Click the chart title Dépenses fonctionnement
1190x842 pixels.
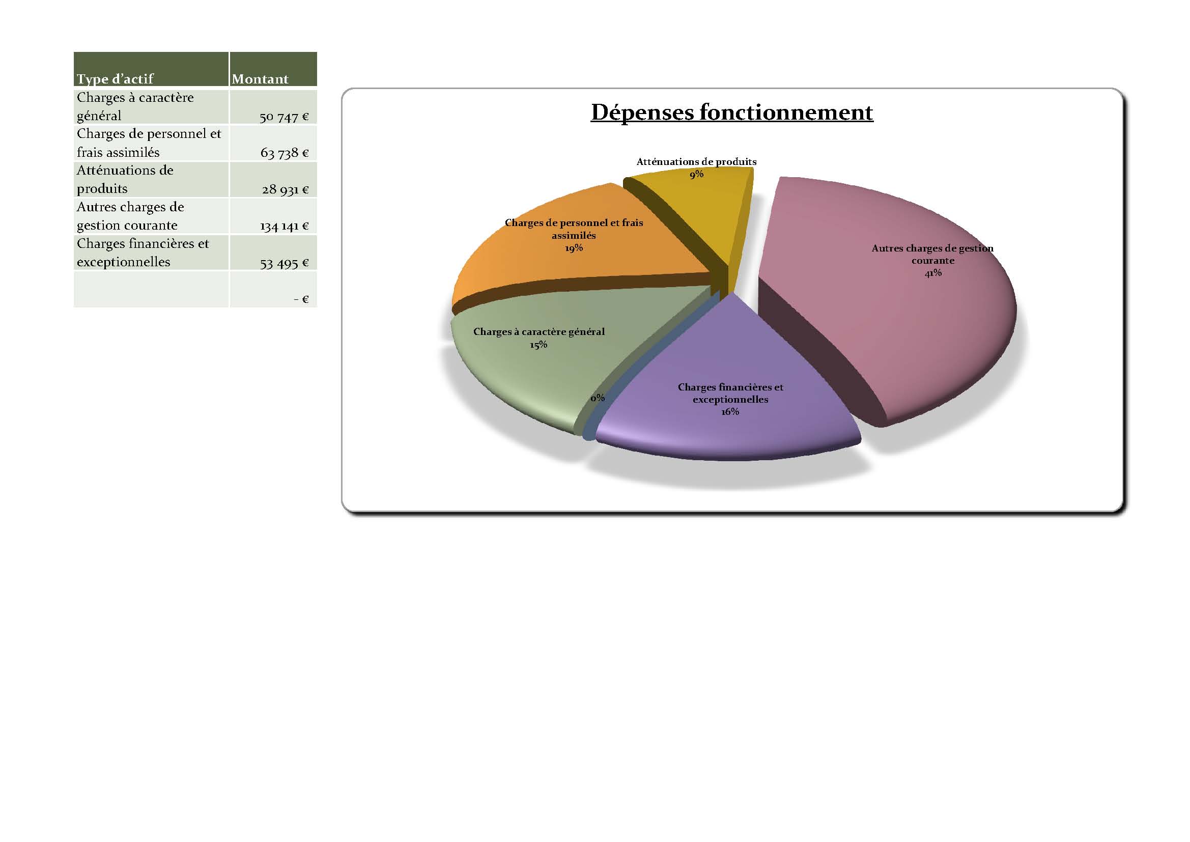coord(732,113)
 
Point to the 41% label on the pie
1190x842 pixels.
coord(933,273)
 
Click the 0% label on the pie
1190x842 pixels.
coord(598,398)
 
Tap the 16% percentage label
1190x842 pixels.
coord(730,412)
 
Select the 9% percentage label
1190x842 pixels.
coord(697,174)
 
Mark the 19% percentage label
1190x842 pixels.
coord(574,248)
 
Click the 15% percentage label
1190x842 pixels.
coord(539,345)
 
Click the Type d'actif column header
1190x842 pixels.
coord(115,79)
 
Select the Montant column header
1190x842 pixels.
coord(260,79)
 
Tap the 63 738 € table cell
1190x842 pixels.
coord(284,153)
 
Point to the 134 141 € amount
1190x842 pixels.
coord(284,226)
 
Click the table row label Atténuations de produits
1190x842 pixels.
coord(125,179)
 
